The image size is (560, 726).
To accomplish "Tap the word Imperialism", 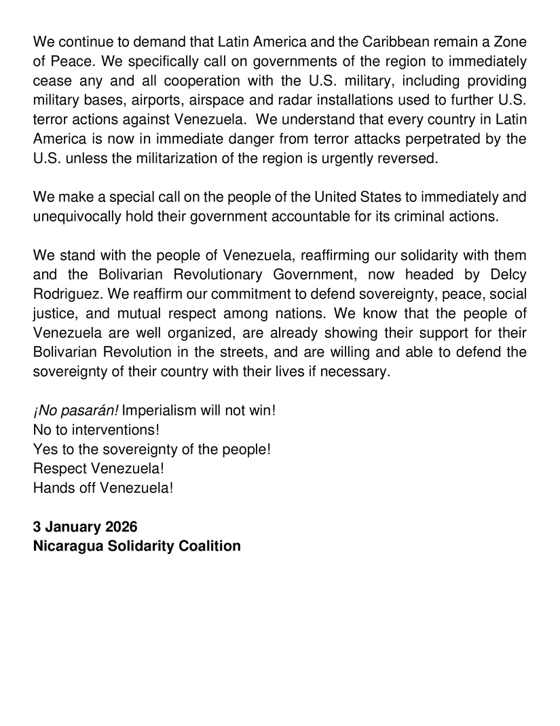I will pos(157,412).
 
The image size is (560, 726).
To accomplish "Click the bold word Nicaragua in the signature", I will pos(69,546).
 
